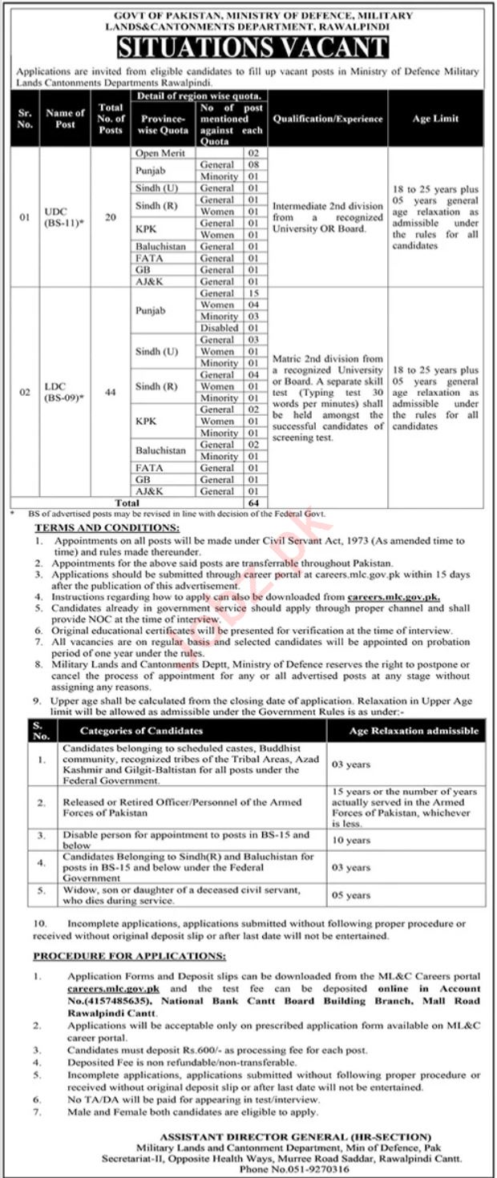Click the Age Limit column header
click(x=436, y=118)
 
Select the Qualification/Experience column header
click(x=328, y=118)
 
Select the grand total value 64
click(x=254, y=502)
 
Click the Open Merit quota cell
click(x=160, y=152)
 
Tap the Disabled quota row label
click(x=218, y=328)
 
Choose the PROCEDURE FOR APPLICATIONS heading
click(x=129, y=956)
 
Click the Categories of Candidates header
click(x=141, y=731)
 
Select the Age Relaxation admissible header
click(x=414, y=731)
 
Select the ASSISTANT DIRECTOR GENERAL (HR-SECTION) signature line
click(x=294, y=1136)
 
